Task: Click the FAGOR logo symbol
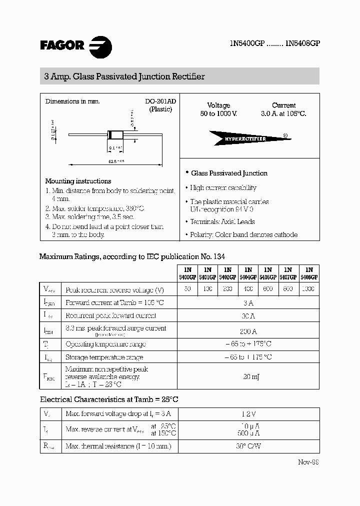coord(100,47)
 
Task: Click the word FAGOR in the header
coord(62,45)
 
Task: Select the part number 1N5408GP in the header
coord(302,43)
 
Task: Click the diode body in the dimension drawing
coord(114,134)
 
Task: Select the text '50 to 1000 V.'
coord(218,114)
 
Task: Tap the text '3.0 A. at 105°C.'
coord(283,114)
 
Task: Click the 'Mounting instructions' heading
coord(78,181)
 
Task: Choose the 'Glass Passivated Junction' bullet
coord(229,173)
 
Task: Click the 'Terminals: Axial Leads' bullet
coord(222,221)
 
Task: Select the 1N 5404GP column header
coord(248,273)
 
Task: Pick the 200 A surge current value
coord(248,331)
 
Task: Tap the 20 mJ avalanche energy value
coord(248,376)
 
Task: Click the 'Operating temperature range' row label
coord(105,344)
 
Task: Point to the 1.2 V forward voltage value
coord(248,413)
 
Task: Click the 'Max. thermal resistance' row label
coord(118,446)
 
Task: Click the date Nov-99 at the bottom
coord(308,462)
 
